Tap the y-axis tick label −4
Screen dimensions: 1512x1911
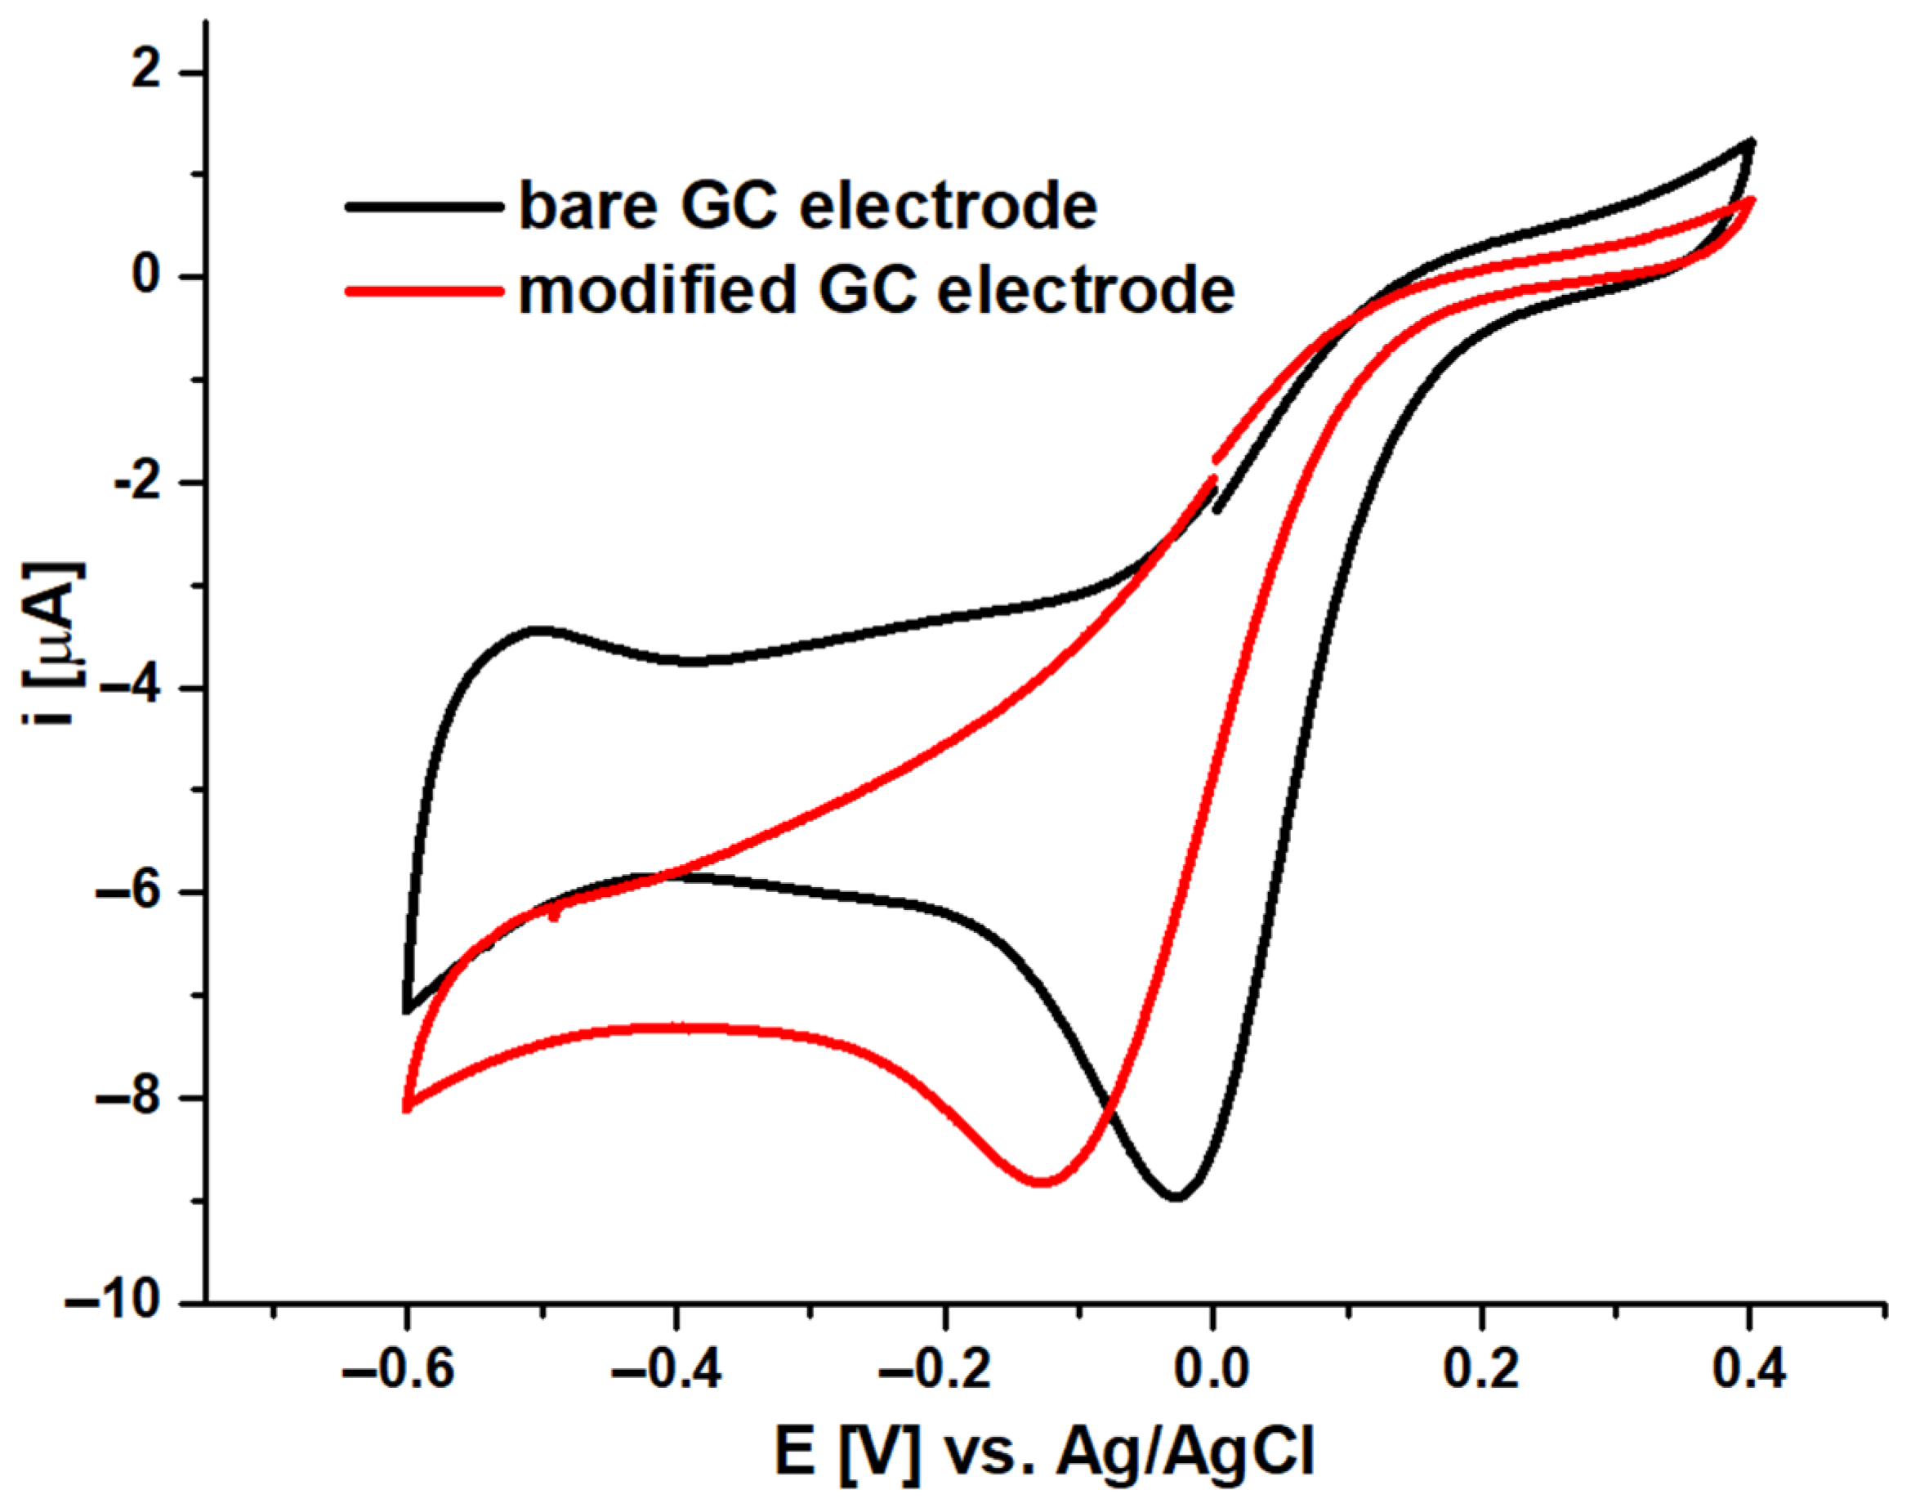point(133,688)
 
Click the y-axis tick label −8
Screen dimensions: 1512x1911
point(133,1097)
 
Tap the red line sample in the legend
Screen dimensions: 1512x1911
point(423,290)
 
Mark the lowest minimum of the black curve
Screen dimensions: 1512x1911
point(1176,1198)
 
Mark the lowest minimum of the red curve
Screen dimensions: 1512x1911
point(1043,1182)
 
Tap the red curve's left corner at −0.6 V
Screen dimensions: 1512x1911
point(406,1108)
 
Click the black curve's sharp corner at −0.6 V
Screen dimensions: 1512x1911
point(406,1011)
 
